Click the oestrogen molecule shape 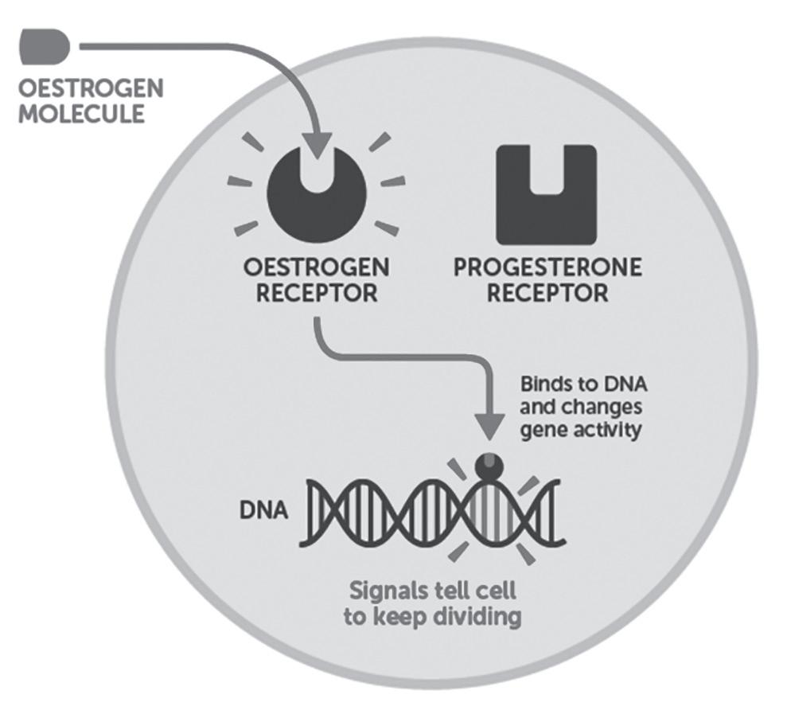click(44, 46)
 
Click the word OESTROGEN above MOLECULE click(90, 87)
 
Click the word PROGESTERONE click(547, 267)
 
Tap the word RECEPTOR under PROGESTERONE click(547, 292)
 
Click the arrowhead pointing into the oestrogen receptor click(316, 144)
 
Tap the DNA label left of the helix click(264, 507)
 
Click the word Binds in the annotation click(544, 384)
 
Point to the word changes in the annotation click(599, 408)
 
